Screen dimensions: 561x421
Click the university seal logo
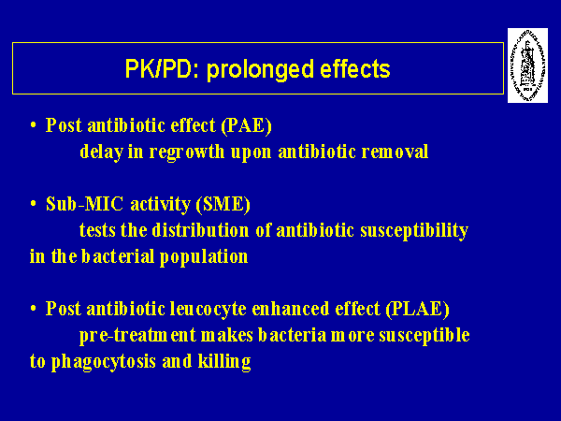coord(527,65)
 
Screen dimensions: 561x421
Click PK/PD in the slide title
coord(159,69)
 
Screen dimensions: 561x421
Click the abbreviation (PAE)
coord(246,126)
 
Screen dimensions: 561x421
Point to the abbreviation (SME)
coord(223,205)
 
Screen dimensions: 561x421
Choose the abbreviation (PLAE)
coord(417,309)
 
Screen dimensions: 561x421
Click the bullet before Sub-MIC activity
coord(34,204)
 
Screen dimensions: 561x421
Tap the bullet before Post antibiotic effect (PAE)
coord(34,125)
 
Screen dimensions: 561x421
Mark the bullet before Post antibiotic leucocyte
coord(34,308)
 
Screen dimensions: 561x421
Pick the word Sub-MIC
coord(84,204)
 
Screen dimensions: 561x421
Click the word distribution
coord(200,230)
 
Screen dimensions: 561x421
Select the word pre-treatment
coord(137,336)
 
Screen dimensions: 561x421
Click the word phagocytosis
coord(104,362)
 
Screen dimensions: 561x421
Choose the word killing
coord(224,362)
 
